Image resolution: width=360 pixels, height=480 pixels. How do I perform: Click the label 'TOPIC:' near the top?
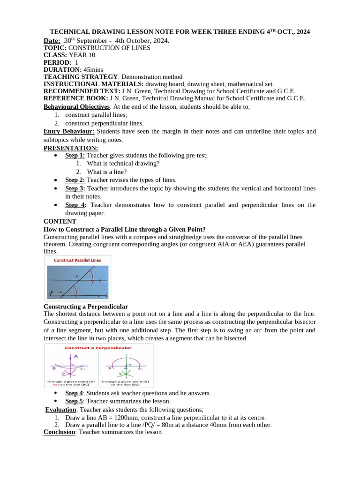click(x=55, y=48)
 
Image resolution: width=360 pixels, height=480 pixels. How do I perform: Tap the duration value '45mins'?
click(x=93, y=69)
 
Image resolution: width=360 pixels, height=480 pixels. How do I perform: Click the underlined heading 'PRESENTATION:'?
click(x=71, y=148)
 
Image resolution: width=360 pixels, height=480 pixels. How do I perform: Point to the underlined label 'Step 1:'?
click(x=75, y=156)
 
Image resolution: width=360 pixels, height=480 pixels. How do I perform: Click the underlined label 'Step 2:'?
click(x=75, y=180)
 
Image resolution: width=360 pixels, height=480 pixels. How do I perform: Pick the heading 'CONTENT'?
click(x=60, y=221)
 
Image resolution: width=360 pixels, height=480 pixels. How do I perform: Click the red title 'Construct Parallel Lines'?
click(x=77, y=260)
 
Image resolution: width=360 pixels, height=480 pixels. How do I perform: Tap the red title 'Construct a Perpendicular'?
click(x=98, y=348)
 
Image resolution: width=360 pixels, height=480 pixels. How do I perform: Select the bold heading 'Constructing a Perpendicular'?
click(x=86, y=306)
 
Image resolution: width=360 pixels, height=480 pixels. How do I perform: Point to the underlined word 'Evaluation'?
click(x=60, y=410)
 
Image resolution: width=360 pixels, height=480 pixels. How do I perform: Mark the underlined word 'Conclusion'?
click(x=59, y=432)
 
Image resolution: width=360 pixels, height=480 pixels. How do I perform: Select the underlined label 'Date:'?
click(x=52, y=40)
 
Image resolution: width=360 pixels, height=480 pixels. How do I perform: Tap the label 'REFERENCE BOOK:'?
click(x=75, y=98)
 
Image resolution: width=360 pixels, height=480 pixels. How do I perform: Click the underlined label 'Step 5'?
click(x=74, y=401)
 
